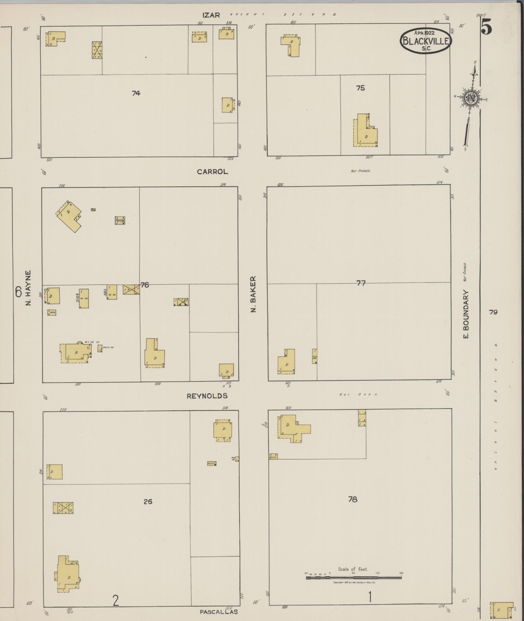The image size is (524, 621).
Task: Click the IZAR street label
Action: point(211,15)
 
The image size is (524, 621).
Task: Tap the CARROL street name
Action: point(212,172)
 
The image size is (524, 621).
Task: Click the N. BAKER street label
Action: point(254,294)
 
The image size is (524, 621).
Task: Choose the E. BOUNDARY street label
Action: point(466,314)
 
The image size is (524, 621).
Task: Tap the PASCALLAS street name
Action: point(219,612)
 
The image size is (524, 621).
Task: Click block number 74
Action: point(136,93)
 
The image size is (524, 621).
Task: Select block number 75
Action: point(360,88)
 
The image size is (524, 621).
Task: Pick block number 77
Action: point(361,283)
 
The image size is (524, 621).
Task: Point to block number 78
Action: point(353,499)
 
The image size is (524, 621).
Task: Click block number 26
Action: point(148,502)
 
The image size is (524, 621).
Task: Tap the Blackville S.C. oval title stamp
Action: point(426,41)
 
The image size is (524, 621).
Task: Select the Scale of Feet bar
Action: point(353,577)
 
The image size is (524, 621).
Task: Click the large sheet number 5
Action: point(486,27)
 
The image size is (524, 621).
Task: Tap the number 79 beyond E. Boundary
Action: point(493,312)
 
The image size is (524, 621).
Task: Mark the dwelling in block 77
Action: point(287,361)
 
